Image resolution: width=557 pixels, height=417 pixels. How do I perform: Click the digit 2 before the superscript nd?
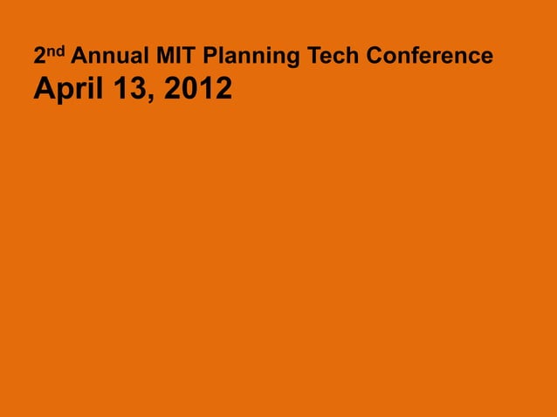click(x=39, y=58)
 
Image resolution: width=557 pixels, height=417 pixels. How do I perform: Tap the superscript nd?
click(x=55, y=51)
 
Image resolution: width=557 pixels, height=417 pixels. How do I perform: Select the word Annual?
click(x=109, y=58)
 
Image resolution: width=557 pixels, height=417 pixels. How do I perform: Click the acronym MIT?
click(x=178, y=58)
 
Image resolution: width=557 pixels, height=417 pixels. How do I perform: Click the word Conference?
click(x=430, y=58)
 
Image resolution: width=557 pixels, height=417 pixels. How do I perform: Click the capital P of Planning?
click(x=209, y=58)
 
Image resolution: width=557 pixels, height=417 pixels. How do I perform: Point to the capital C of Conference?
click(x=375, y=58)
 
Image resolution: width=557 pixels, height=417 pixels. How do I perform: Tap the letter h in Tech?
click(x=353, y=58)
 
